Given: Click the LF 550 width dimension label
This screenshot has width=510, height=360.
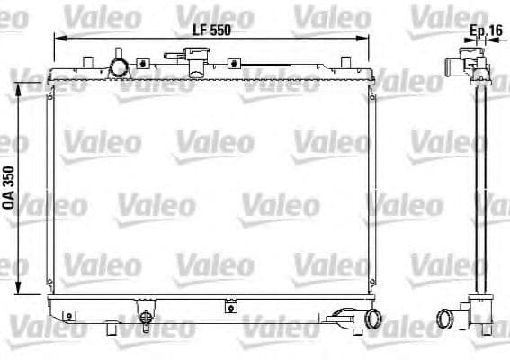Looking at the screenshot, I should (212, 29).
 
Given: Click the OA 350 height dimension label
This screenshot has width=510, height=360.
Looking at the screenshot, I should (10, 187).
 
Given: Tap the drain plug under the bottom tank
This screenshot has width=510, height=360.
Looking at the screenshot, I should (144, 319).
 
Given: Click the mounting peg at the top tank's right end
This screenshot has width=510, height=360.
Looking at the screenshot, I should (347, 60).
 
